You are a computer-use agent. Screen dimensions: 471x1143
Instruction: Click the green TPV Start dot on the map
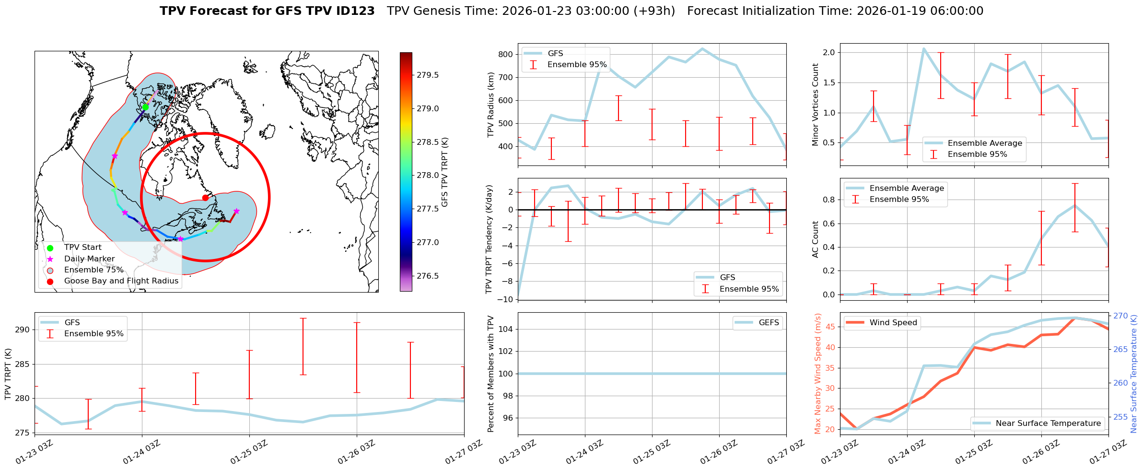tap(145, 107)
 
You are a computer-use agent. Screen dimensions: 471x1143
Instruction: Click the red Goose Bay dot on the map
tap(205, 198)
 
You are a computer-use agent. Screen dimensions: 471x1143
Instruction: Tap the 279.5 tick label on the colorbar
tap(428, 75)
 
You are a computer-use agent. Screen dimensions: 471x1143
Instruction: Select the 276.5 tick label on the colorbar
tap(428, 276)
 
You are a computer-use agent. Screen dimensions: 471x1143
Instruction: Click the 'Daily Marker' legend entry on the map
tap(89, 259)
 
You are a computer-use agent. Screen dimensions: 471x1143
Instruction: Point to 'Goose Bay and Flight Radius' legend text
tap(121, 281)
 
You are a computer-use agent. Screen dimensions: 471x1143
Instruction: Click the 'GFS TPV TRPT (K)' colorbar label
tap(445, 172)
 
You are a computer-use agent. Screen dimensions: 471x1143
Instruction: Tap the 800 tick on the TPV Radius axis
tap(505, 54)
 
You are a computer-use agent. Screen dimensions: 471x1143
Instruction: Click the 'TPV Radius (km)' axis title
tap(491, 105)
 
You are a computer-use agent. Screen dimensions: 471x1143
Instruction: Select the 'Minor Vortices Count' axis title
tap(816, 105)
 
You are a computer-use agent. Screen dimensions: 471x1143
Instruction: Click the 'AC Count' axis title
tap(816, 239)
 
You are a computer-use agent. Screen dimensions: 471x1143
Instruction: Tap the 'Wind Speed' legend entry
tap(893, 323)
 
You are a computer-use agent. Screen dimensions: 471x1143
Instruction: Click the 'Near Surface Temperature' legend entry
tap(1048, 424)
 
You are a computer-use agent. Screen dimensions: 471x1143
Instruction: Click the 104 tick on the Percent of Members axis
tap(506, 329)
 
